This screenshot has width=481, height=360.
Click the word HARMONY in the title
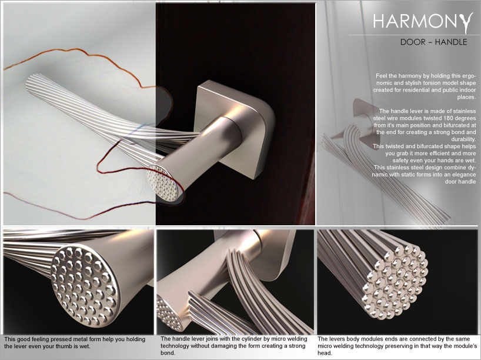(x=423, y=22)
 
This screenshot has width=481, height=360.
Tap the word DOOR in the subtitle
(x=413, y=42)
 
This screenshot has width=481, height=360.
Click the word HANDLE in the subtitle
(x=451, y=42)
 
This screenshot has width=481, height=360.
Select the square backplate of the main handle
(x=235, y=129)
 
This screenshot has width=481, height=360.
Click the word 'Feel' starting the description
(x=382, y=76)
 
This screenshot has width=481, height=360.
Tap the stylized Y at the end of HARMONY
(x=466, y=23)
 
